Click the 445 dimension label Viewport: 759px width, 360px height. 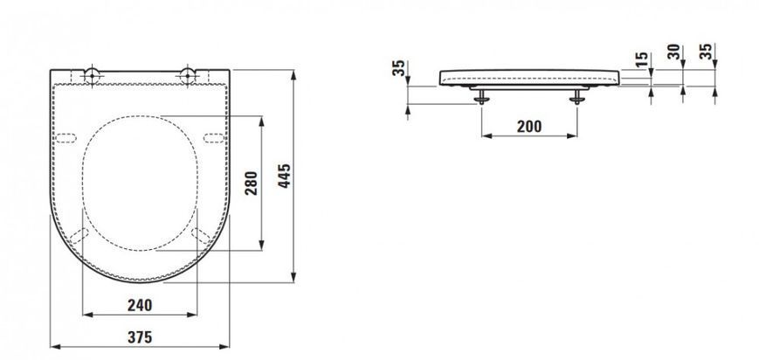[x=285, y=176]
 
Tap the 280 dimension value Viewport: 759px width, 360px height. [x=252, y=183]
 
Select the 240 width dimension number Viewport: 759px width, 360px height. [x=140, y=305]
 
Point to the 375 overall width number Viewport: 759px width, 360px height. [x=140, y=337]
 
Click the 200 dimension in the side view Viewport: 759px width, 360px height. [x=529, y=127]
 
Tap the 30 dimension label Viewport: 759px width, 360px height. [x=673, y=52]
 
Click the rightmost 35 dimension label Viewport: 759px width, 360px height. [x=707, y=52]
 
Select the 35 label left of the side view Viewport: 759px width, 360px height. [x=398, y=68]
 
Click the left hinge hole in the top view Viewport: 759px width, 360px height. [x=92, y=76]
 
